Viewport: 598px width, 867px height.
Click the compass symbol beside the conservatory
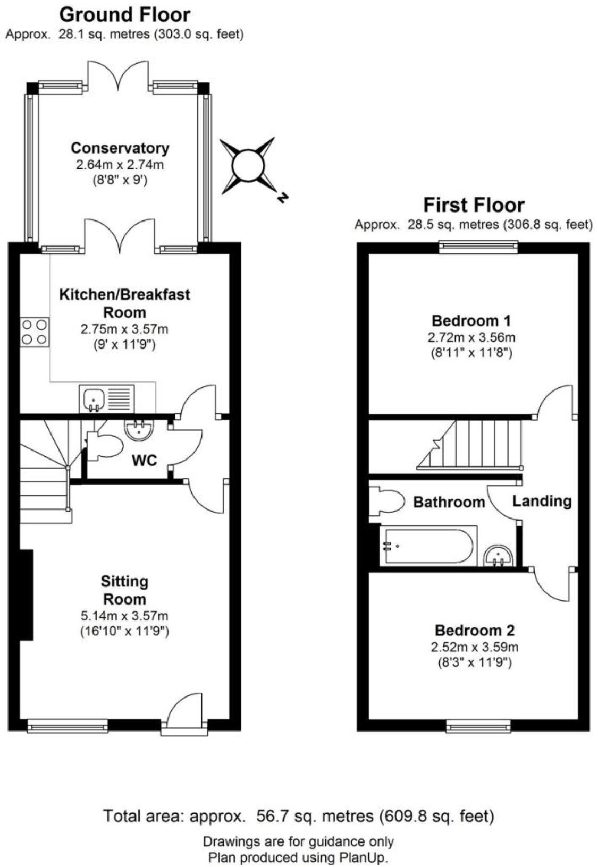click(x=248, y=165)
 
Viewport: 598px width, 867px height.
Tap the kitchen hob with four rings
click(x=35, y=331)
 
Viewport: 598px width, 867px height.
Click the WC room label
click(x=145, y=461)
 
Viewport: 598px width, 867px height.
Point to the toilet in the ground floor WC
click(x=104, y=446)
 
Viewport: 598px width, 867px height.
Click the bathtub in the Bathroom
click(x=428, y=546)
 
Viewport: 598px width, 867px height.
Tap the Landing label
click(x=542, y=501)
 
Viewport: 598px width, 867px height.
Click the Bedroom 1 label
click(x=471, y=321)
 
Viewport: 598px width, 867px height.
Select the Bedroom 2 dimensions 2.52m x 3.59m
click(x=474, y=647)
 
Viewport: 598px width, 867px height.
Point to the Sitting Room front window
click(x=68, y=725)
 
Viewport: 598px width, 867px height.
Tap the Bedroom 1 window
click(x=478, y=245)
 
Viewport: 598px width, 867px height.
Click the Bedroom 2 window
click(x=478, y=725)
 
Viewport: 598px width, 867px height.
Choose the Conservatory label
click(x=120, y=148)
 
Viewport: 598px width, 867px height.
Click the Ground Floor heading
click(x=124, y=14)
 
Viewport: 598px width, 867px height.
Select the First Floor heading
click(x=474, y=205)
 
